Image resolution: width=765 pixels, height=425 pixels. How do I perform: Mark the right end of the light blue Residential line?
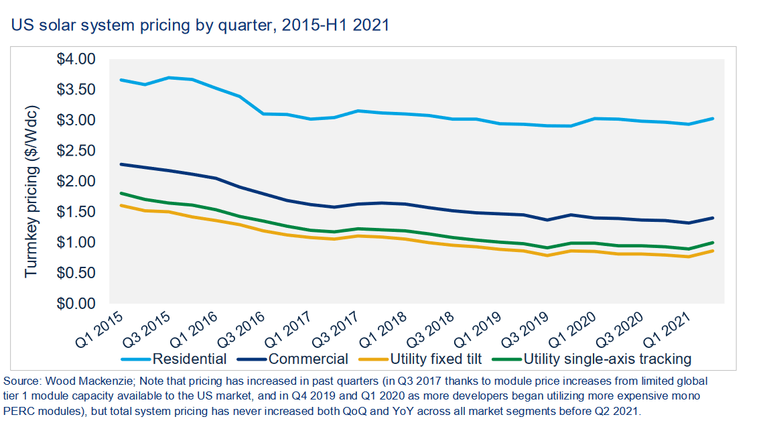pyautogui.click(x=713, y=119)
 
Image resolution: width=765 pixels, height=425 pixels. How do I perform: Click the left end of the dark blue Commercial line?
pyautogui.click(x=121, y=164)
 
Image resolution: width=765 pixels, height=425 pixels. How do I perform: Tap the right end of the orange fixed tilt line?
pyautogui.click(x=713, y=251)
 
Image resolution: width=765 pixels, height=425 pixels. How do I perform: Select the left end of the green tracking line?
pyautogui.click(x=121, y=193)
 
